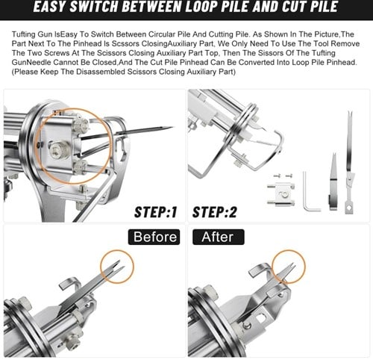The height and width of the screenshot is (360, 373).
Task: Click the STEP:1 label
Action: click(x=156, y=212)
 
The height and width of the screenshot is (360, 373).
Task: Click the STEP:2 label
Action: click(x=215, y=212)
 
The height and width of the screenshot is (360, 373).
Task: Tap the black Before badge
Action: click(x=154, y=237)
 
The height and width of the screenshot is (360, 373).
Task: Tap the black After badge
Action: click(x=219, y=237)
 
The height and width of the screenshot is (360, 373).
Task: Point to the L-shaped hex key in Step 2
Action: click(x=310, y=191)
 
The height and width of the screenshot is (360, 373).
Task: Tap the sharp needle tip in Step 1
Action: click(x=172, y=128)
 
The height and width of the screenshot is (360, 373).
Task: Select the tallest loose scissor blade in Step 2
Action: click(x=350, y=162)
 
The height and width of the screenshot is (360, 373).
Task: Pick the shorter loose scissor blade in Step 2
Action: click(x=333, y=181)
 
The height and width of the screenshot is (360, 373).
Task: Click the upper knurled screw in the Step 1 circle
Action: click(x=81, y=122)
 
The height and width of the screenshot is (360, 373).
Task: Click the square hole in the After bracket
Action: click(x=261, y=317)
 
